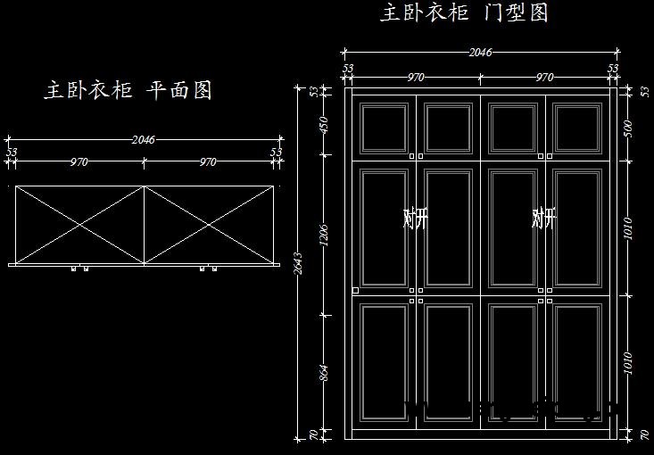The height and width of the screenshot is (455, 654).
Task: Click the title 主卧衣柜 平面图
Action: (x=128, y=90)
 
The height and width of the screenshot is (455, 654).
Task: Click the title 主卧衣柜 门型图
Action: (x=464, y=12)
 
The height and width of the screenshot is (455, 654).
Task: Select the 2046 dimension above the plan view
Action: (x=144, y=139)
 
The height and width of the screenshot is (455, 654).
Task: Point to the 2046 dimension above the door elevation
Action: (x=480, y=52)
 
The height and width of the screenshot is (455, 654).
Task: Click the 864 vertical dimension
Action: (x=324, y=371)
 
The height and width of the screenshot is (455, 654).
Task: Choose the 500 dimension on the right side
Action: (x=628, y=127)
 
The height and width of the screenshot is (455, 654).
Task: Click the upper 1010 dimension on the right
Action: (x=628, y=228)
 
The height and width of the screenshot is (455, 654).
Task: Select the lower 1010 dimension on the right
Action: (x=628, y=362)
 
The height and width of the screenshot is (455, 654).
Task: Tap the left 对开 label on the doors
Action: (x=416, y=218)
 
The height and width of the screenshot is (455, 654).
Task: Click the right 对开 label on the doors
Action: (x=543, y=218)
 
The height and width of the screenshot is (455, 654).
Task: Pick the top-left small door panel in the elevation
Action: (x=385, y=128)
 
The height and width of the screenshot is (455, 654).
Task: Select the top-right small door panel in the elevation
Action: (x=576, y=128)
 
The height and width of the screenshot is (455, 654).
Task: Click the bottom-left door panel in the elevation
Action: (x=385, y=362)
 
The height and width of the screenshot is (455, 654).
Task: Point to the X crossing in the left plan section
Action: (x=80, y=225)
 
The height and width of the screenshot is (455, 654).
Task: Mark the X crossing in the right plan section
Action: (x=208, y=225)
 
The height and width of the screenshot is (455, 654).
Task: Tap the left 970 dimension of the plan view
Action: (x=79, y=162)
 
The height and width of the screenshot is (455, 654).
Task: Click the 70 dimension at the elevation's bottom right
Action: (x=644, y=434)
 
